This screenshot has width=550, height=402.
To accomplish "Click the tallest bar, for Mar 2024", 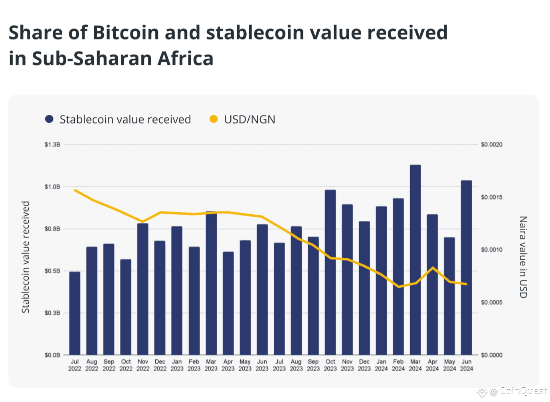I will [x=415, y=259].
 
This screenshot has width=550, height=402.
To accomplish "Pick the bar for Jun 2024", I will [x=466, y=267].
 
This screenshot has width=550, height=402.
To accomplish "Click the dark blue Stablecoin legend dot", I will [x=49, y=119].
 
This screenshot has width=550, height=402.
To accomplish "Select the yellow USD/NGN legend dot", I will [x=214, y=119].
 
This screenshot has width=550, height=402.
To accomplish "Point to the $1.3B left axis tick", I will [x=52, y=144].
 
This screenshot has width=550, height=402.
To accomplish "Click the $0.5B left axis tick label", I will [x=52, y=271].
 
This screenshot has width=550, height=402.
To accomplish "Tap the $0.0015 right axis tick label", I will [x=491, y=197].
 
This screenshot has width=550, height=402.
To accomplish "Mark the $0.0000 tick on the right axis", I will [x=491, y=355].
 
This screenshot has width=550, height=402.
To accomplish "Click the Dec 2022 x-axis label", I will [x=160, y=365].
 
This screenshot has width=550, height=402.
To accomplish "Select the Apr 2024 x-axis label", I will [x=432, y=365].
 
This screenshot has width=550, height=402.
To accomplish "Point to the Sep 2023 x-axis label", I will [x=313, y=365].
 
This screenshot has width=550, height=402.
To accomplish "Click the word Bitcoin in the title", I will [x=126, y=33].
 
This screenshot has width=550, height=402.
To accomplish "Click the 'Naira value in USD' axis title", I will [x=523, y=257].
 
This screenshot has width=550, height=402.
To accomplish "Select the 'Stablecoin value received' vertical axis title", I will [x=26, y=257].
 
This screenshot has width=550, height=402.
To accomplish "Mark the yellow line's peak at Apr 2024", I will [x=433, y=268].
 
